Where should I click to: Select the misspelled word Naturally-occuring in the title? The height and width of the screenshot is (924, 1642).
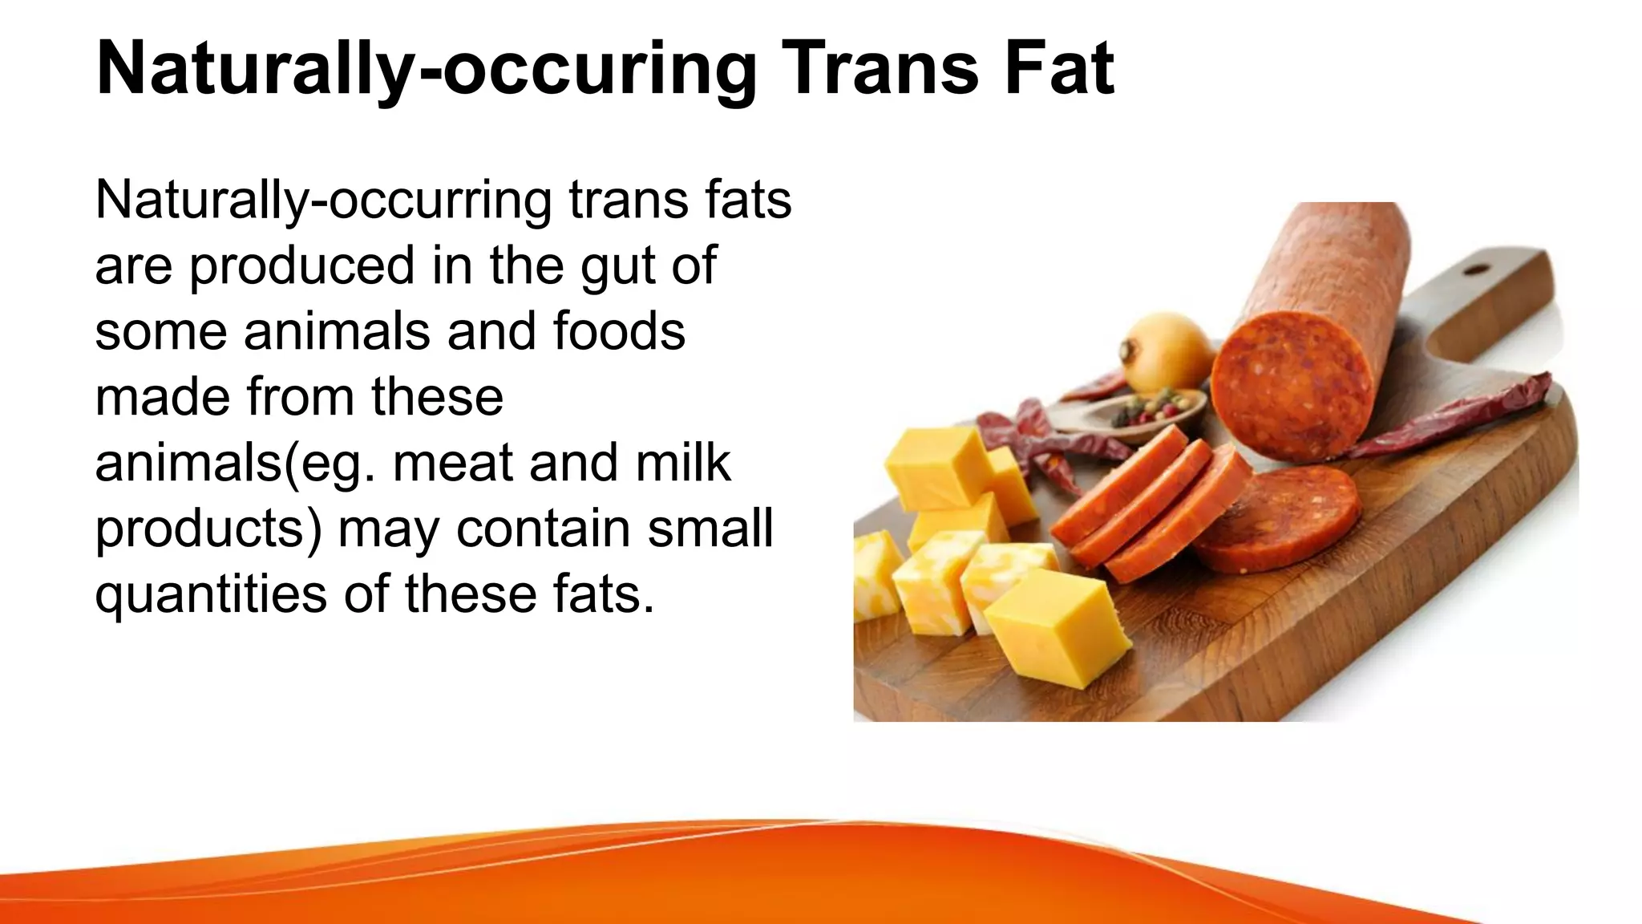pyautogui.click(x=426, y=70)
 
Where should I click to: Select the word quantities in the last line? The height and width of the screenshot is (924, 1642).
pyautogui.click(x=211, y=595)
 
